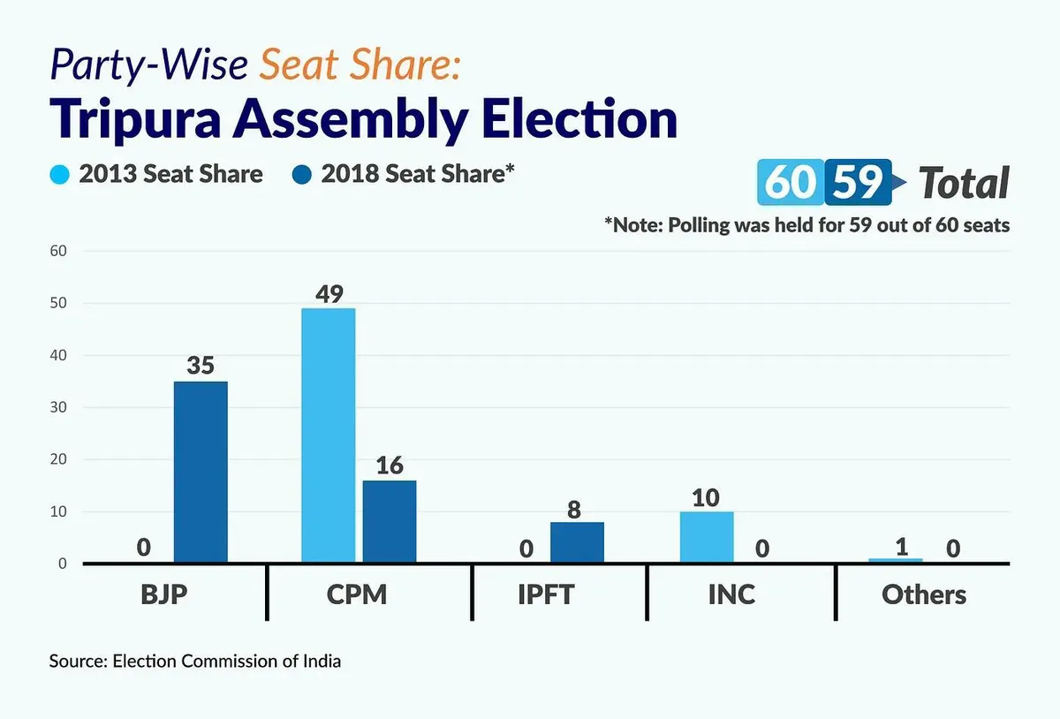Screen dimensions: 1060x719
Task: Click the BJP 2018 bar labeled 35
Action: tap(201, 472)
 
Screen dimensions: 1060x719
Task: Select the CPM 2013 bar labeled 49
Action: tap(329, 435)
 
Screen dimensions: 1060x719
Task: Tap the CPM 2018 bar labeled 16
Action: tap(390, 522)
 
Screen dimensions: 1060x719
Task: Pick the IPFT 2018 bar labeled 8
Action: tap(577, 542)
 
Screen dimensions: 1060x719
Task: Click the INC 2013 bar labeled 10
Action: tap(707, 537)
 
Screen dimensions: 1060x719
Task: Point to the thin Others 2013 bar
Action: tap(896, 560)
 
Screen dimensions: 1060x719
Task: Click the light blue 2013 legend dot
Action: tap(60, 174)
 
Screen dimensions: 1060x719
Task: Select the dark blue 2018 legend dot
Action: tap(302, 174)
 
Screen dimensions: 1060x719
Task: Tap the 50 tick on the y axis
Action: tap(58, 303)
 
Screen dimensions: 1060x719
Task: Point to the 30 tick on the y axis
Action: tap(58, 407)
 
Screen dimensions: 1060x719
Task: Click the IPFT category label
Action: tap(546, 594)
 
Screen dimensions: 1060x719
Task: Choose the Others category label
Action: tap(924, 594)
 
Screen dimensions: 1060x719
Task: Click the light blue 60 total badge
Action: tap(791, 182)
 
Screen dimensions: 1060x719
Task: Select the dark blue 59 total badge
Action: tap(858, 182)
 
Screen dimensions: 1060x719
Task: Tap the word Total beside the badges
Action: tap(964, 183)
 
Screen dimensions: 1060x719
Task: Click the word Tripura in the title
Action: tap(135, 119)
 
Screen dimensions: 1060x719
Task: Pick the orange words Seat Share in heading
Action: tap(360, 64)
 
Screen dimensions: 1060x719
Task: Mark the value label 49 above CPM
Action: tap(329, 294)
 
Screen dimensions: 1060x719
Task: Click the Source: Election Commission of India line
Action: tap(195, 662)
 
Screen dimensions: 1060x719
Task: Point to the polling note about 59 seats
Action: tap(806, 225)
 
